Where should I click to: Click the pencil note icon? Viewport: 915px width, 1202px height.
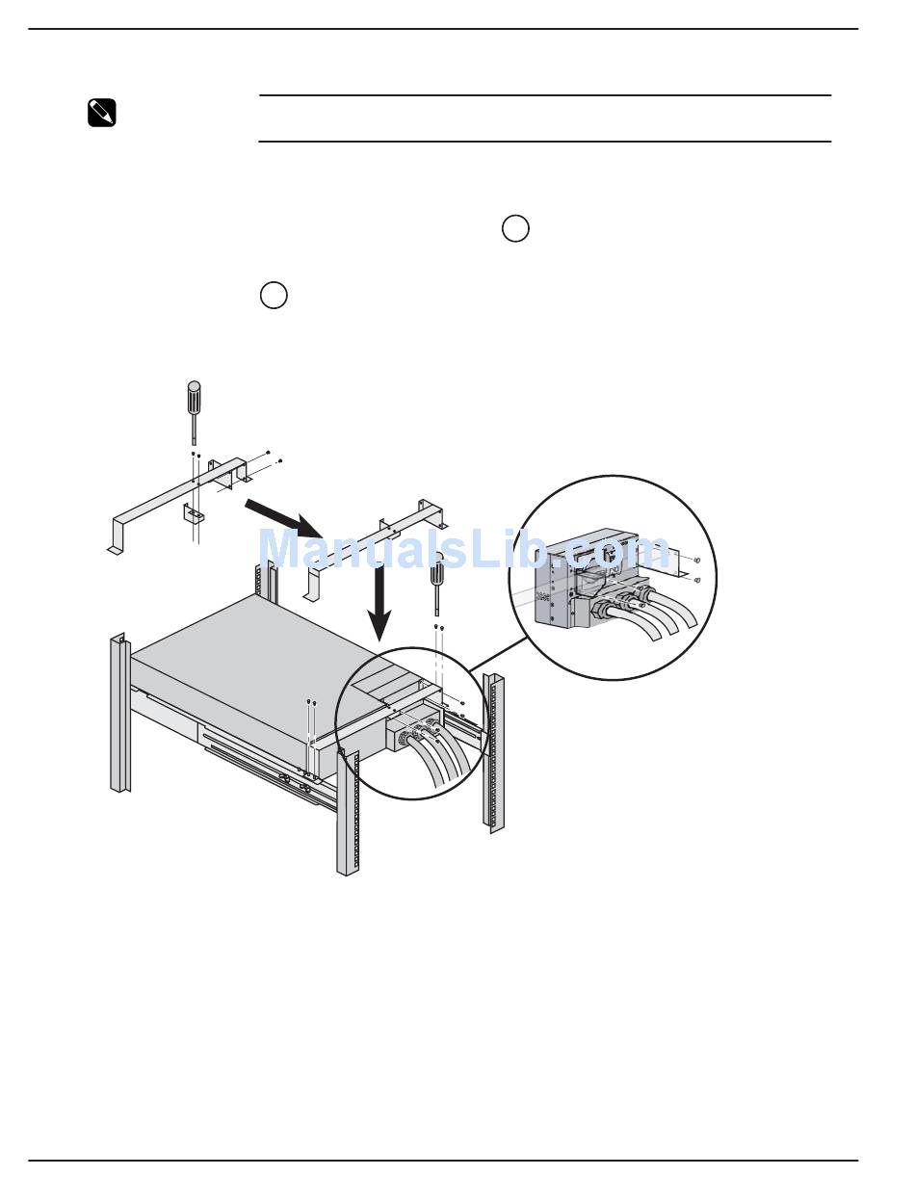pyautogui.click(x=101, y=114)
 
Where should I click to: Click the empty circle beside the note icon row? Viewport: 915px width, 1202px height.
pyautogui.click(x=274, y=296)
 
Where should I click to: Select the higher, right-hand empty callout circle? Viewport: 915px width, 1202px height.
pyautogui.click(x=515, y=229)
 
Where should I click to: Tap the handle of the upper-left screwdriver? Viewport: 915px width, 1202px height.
pyautogui.click(x=194, y=395)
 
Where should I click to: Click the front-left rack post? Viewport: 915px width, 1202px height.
pyautogui.click(x=119, y=713)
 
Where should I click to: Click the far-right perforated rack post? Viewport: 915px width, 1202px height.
pyautogui.click(x=493, y=751)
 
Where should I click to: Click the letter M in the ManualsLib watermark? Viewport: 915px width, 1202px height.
pyautogui.click(x=280, y=551)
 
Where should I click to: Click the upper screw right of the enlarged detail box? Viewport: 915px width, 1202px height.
pyautogui.click(x=695, y=561)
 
